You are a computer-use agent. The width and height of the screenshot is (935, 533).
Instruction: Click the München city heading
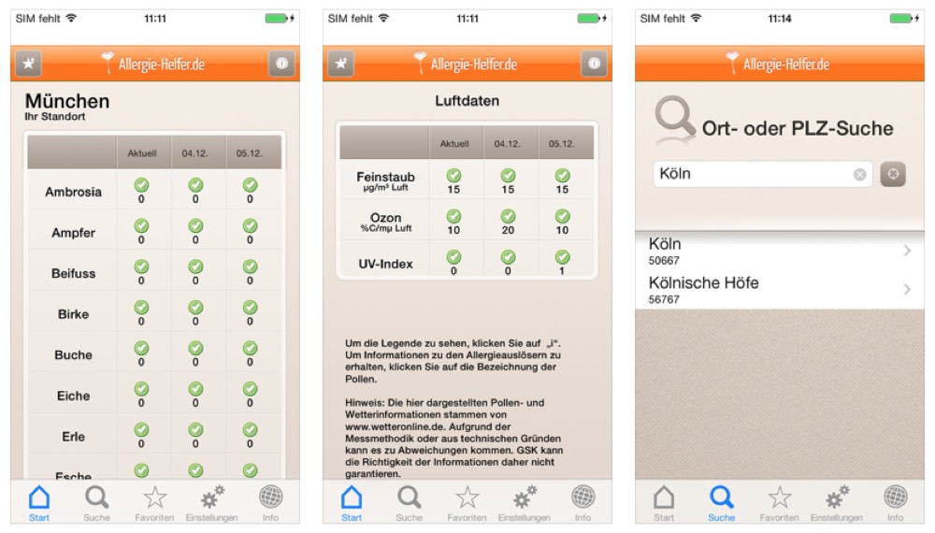(66, 101)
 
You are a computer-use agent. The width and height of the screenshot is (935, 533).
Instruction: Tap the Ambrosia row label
(73, 192)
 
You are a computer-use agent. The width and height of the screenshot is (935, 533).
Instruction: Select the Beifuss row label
(73, 274)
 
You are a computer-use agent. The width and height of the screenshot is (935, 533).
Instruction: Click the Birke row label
(73, 314)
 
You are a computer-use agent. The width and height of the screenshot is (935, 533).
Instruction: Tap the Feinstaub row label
(385, 177)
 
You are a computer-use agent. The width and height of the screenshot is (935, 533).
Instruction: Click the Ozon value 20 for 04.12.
(508, 230)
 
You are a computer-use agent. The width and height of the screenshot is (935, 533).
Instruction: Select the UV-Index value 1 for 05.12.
(562, 270)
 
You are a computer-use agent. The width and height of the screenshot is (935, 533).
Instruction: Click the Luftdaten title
(467, 101)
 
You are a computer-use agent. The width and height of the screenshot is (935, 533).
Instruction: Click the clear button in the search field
(859, 174)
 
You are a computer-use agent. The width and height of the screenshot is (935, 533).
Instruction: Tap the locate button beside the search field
(893, 174)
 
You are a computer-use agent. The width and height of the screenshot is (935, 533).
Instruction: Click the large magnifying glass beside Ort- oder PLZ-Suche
(675, 118)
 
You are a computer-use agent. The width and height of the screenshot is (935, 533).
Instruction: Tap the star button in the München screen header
(29, 64)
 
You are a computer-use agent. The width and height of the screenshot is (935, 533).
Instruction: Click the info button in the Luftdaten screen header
(594, 64)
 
